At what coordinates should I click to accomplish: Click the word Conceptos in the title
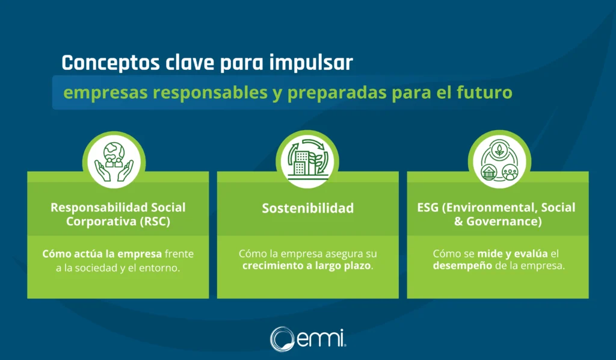tap(111, 63)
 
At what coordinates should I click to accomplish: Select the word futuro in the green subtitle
tap(484, 92)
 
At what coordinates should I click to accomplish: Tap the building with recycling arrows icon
tap(307, 159)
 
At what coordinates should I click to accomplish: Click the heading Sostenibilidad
tap(308, 208)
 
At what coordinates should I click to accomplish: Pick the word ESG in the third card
tap(428, 208)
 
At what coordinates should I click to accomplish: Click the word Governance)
tap(504, 222)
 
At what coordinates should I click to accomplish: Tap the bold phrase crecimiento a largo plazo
tap(307, 265)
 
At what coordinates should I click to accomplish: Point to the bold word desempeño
tap(463, 266)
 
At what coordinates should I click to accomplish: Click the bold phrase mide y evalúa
tap(513, 253)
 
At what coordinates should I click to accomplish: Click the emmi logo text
tap(321, 339)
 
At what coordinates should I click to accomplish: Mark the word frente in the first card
tap(179, 254)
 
